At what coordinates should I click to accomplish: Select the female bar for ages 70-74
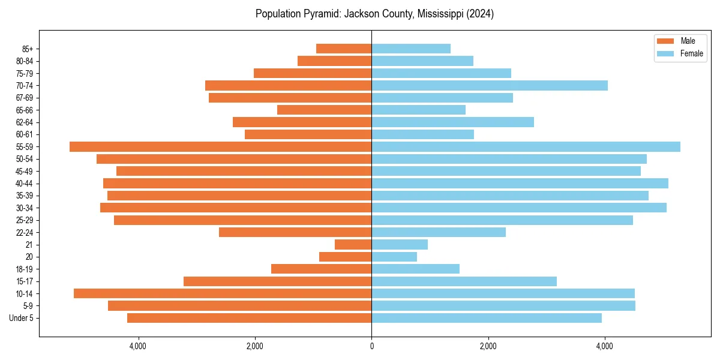pyautogui.click(x=490, y=86)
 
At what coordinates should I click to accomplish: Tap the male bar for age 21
pyautogui.click(x=353, y=245)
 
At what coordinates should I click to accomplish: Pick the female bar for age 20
pyautogui.click(x=394, y=257)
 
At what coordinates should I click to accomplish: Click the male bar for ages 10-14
pyautogui.click(x=223, y=293)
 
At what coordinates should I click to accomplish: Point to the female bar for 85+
pyautogui.click(x=411, y=49)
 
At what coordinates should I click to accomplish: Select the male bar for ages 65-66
pyautogui.click(x=324, y=110)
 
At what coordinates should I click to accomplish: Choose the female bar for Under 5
pyautogui.click(x=487, y=318)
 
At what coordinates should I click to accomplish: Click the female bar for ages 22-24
pyautogui.click(x=439, y=232)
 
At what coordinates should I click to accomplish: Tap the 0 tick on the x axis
pyautogui.click(x=371, y=346)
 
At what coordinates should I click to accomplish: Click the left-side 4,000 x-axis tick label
pyautogui.click(x=138, y=346)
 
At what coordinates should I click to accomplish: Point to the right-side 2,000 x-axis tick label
pyautogui.click(x=488, y=346)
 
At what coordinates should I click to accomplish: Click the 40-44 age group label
pyautogui.click(x=24, y=184)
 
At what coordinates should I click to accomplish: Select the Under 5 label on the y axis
pyautogui.click(x=21, y=318)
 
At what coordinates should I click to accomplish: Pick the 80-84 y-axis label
pyautogui.click(x=24, y=61)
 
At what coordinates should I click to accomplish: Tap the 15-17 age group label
pyautogui.click(x=24, y=281)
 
